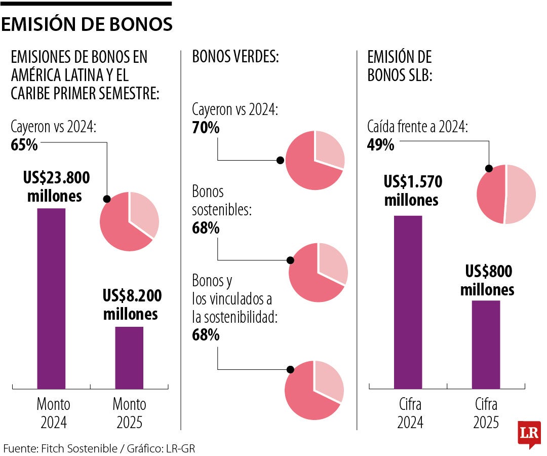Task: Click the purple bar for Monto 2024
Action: coord(51,298)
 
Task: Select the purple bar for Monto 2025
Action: coord(129,357)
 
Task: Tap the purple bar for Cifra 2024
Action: coord(408,302)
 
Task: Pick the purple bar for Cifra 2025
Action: coord(486,345)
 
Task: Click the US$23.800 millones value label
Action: coord(56,187)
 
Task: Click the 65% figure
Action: coord(24,145)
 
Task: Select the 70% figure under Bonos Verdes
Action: coord(206,128)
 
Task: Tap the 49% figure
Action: coord(381,145)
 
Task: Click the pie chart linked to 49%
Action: coord(506,194)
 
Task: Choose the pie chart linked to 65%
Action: coord(130,221)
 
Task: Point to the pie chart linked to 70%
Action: coord(315,160)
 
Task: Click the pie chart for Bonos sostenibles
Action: coord(318,273)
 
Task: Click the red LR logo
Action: coord(529,435)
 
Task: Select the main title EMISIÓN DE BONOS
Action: coord(87,24)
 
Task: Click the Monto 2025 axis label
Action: coord(129,413)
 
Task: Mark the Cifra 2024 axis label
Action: coord(410,413)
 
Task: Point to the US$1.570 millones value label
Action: coord(412,191)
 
